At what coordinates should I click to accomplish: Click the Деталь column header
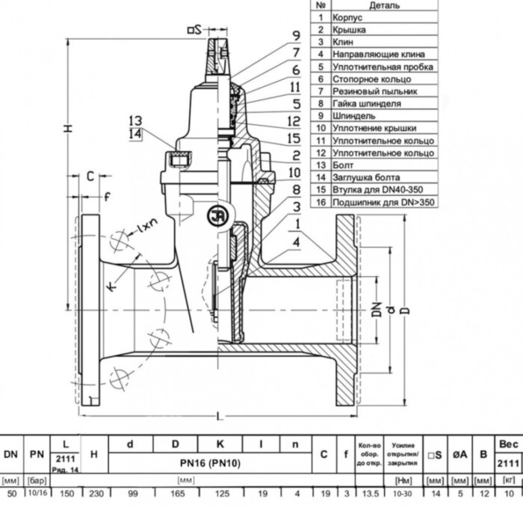[x=384, y=5]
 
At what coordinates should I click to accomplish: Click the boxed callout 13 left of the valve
[x=134, y=120]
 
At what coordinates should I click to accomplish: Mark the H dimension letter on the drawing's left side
[x=67, y=129]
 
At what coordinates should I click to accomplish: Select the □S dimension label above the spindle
[x=194, y=30]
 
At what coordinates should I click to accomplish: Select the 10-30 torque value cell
[x=403, y=495]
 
